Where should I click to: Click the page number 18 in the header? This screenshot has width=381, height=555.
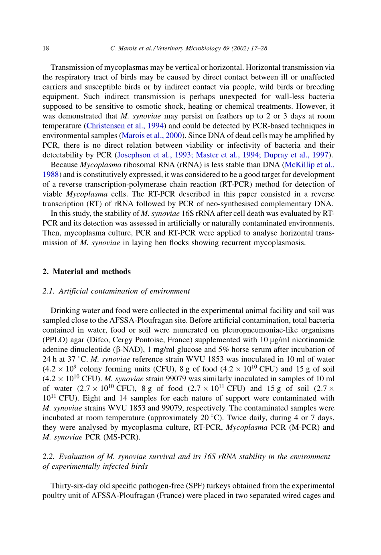tap(46, 48)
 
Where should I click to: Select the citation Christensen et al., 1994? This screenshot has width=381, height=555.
tap(125, 126)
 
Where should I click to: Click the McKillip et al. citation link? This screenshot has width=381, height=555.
tap(309, 165)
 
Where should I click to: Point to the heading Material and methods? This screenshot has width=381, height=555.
tap(91, 272)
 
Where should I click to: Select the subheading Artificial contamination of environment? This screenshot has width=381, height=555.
tap(124, 291)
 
